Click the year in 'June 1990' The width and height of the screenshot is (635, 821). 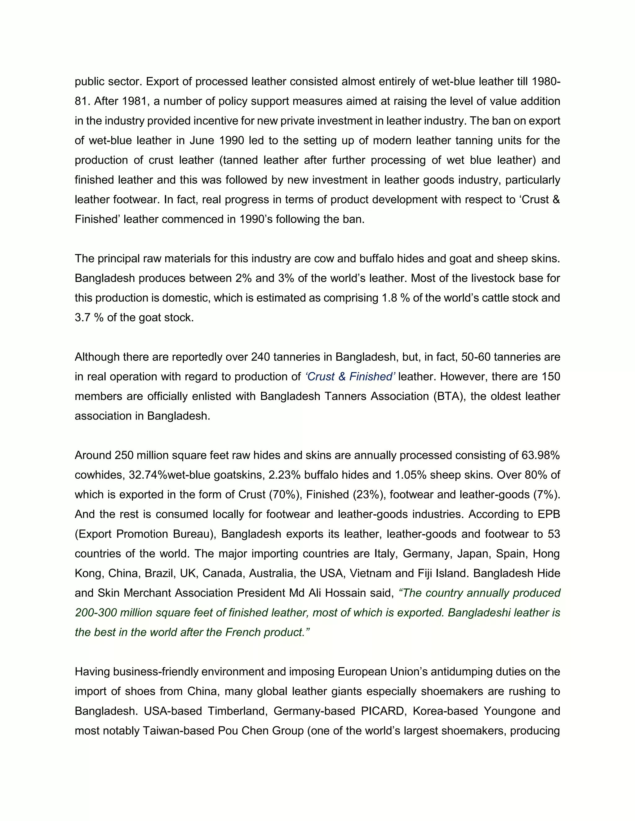tap(232, 141)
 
